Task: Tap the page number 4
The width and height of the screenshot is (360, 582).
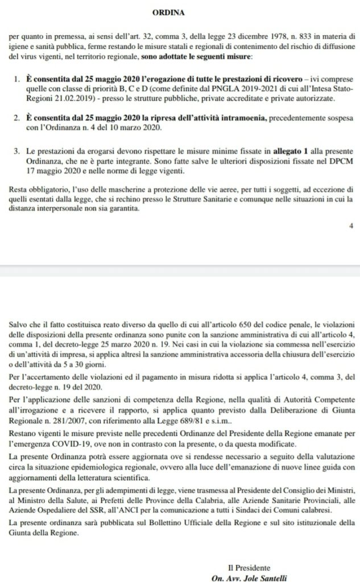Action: tap(351, 226)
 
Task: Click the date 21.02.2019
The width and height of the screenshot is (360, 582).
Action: tap(77, 98)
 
